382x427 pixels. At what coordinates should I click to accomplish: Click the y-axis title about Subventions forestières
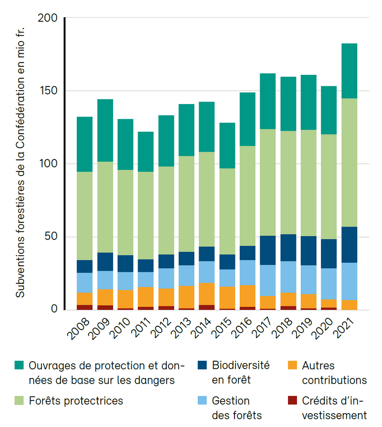20,162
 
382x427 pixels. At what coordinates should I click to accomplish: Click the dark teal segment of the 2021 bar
349,71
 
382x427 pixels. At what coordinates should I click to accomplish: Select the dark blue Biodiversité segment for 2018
288,248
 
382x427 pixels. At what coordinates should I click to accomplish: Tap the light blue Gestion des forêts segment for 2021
349,281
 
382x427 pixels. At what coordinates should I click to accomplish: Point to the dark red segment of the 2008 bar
85,307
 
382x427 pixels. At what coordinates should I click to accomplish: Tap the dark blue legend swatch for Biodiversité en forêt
202,366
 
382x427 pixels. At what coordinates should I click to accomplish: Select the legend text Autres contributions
334,373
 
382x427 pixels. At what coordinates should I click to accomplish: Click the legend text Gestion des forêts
237,407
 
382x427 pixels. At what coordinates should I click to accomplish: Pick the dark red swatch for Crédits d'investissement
293,400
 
